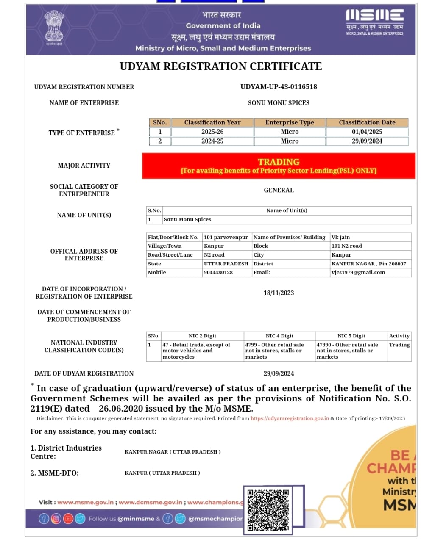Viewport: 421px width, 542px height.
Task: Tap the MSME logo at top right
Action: [x=374, y=21]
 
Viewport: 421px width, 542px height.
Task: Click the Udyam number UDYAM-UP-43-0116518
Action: [x=279, y=87]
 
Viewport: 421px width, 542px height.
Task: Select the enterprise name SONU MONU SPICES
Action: [x=279, y=103]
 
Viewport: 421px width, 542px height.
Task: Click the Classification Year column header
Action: [x=212, y=122]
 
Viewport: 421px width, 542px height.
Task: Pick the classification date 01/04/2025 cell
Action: [x=367, y=132]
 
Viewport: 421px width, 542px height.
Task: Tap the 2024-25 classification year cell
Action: [x=212, y=141]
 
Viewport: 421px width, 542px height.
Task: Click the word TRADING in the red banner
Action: [x=279, y=162]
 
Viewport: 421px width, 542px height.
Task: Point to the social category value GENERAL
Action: [x=279, y=190]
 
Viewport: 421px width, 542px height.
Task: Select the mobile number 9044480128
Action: [x=218, y=272]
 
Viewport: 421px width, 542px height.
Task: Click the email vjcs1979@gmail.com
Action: [x=358, y=272]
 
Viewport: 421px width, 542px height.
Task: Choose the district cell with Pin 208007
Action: [x=368, y=263]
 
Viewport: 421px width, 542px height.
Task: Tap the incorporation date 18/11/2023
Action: [x=279, y=293]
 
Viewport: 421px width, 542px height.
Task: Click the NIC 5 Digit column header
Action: [x=351, y=336]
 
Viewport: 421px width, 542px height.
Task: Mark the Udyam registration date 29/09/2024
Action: [x=279, y=373]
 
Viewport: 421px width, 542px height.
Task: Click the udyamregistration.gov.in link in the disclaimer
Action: [x=290, y=418]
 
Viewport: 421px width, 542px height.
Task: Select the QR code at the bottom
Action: [x=268, y=510]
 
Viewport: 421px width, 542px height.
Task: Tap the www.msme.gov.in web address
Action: [x=85, y=502]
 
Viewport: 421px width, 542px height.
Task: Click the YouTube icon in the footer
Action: [x=68, y=518]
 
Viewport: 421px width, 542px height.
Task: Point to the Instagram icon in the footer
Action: [x=56, y=518]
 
